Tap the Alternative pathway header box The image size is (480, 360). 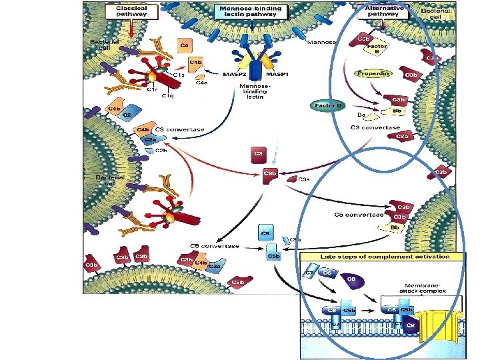pyautogui.click(x=384, y=11)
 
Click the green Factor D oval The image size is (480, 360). pyautogui.click(x=327, y=105)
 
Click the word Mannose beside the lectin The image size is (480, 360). pyautogui.click(x=322, y=43)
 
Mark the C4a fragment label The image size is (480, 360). pyautogui.click(x=201, y=83)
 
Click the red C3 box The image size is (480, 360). pyautogui.click(x=258, y=155)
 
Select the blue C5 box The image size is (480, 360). pyautogui.click(x=265, y=234)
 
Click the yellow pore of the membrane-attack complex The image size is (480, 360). pyautogui.click(x=441, y=325)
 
